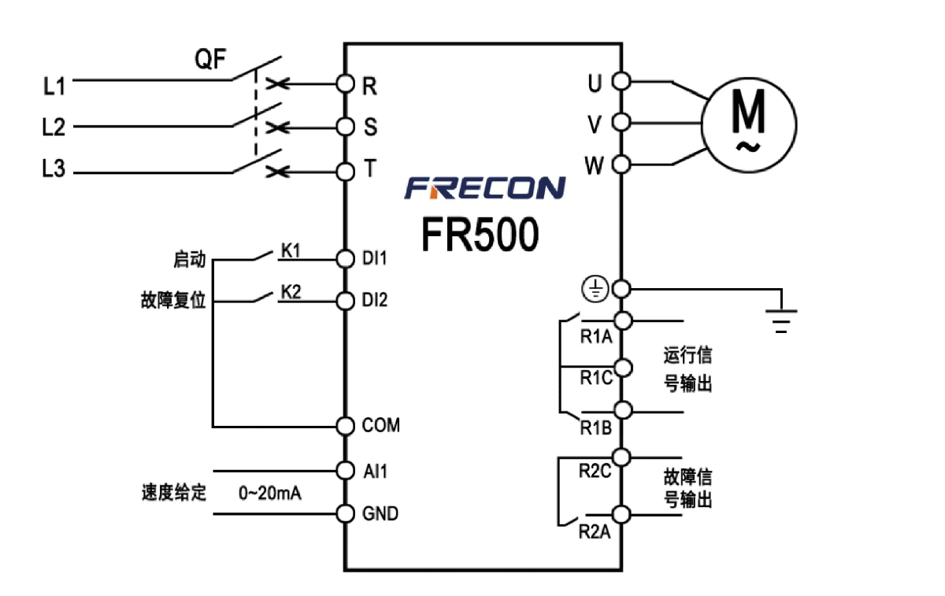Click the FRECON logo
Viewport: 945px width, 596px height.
485,187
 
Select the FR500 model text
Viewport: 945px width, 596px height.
480,234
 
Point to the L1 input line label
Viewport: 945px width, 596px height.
54,86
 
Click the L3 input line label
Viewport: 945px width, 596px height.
54,170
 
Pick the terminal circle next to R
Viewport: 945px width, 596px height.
345,82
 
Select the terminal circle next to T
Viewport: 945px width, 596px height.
345,170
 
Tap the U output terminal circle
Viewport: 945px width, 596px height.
621,80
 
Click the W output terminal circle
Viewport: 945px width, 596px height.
621,165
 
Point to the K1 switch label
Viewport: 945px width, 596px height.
291,250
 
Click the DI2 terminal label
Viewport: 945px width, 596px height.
375,301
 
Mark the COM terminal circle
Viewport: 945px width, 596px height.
345,426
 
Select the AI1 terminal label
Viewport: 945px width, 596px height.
375,471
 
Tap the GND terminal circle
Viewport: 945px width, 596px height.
345,513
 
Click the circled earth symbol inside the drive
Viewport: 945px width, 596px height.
595,290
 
